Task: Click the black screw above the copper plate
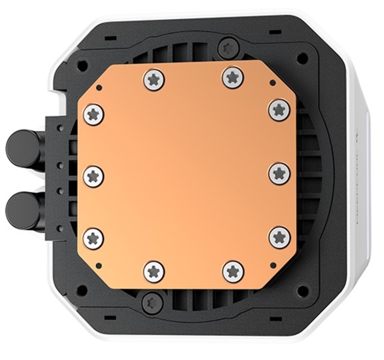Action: (226, 49)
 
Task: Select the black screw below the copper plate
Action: (152, 302)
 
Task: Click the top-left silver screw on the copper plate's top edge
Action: (154, 79)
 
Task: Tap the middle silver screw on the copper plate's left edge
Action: (93, 176)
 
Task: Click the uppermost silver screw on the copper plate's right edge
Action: (280, 110)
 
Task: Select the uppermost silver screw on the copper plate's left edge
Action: (93, 114)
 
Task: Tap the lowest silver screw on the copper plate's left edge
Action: (93, 238)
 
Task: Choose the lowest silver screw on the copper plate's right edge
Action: (280, 237)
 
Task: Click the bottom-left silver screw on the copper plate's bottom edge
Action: (154, 271)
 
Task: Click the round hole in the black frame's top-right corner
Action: (303, 58)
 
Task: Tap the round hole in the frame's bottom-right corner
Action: (303, 291)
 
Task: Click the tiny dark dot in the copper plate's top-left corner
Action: (99, 88)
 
